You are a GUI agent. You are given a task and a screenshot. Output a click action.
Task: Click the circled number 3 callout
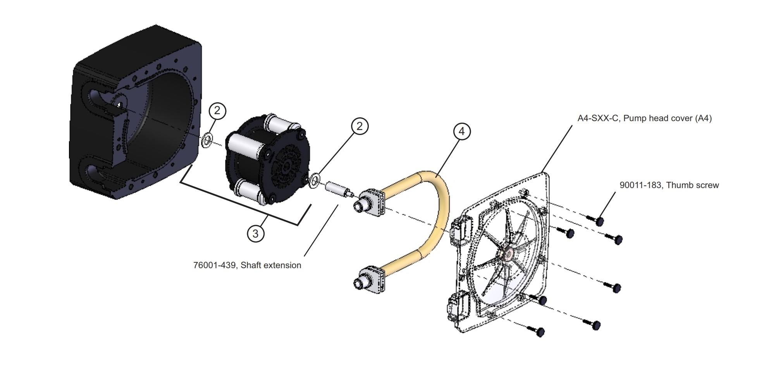point(255,233)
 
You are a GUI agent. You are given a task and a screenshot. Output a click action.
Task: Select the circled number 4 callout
point(461,131)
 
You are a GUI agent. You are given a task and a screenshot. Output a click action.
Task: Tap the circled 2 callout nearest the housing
point(217,111)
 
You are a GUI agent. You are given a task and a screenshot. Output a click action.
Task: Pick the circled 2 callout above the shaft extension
point(360,126)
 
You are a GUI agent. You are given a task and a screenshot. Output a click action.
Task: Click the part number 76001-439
point(214,265)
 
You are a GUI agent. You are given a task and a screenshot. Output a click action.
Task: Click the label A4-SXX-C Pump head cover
point(644,118)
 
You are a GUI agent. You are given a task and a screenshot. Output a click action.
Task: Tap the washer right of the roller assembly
point(315,180)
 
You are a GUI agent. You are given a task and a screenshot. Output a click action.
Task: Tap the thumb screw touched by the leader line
point(599,221)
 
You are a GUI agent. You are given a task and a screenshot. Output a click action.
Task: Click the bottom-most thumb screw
point(540,332)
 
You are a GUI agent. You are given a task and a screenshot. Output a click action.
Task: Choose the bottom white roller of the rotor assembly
point(250,191)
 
